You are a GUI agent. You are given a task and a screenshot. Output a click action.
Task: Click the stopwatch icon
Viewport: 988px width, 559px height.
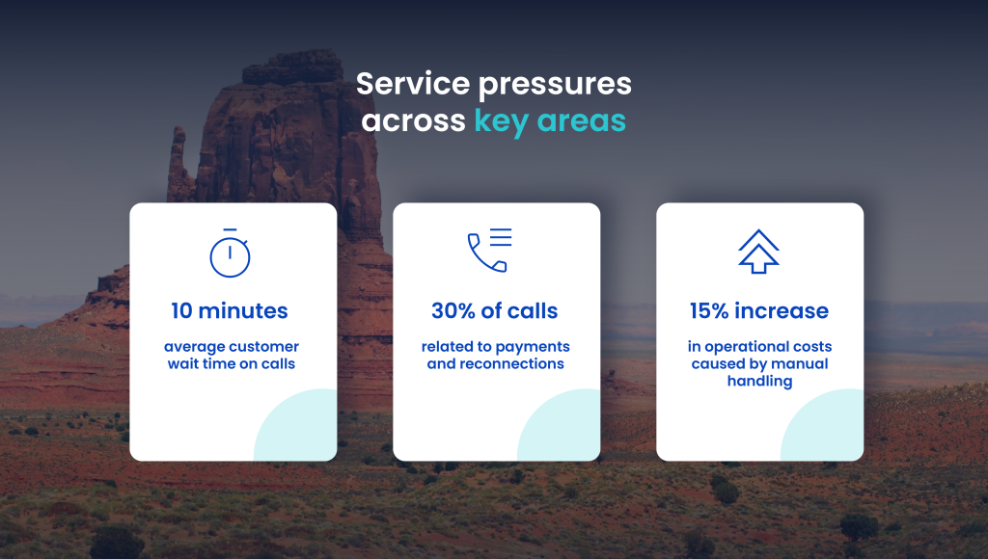pos(230,253)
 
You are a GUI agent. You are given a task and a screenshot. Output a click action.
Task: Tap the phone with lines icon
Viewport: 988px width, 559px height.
pos(489,250)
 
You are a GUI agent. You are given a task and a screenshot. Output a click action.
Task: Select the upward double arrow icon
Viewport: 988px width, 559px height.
pos(758,252)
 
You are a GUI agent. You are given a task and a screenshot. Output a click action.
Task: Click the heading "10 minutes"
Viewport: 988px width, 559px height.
pos(230,311)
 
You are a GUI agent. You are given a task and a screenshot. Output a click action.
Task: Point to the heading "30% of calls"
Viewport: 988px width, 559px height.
pos(495,311)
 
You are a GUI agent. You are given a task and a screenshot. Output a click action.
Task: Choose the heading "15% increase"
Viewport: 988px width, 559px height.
pos(759,311)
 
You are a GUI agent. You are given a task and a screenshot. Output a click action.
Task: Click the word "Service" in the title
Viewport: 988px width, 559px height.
pos(413,84)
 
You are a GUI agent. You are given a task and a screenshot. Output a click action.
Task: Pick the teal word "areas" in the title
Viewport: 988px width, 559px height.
pos(582,121)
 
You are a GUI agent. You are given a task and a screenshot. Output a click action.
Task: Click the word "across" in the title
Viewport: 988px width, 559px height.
pos(413,121)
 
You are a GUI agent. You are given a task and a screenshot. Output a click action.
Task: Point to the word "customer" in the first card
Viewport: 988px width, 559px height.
pos(263,347)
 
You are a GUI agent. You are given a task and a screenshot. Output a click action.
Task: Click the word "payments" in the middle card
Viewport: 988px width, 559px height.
pos(533,348)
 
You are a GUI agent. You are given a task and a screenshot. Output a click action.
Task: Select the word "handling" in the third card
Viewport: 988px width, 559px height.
pos(760,382)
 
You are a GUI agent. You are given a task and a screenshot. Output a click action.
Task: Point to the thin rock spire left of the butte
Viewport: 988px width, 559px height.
pos(178,164)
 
